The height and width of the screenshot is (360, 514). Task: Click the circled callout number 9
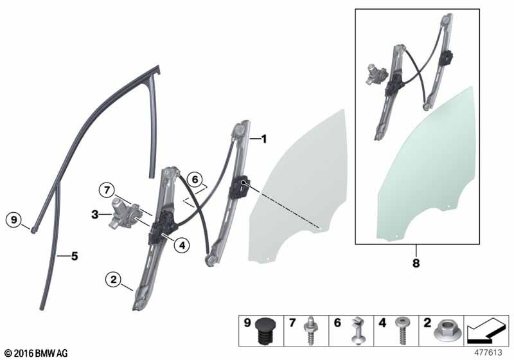point(13,219)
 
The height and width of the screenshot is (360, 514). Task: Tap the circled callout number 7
point(107,190)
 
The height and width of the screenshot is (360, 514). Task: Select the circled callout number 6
point(195,179)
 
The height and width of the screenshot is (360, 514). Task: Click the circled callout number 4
point(182,244)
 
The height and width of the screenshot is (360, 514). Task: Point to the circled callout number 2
point(114,280)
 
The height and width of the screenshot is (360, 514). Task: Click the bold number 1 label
point(264,139)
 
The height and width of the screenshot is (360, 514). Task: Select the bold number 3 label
point(94,215)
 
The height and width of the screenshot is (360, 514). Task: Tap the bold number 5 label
point(75,256)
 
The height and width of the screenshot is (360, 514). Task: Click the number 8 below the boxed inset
point(416,263)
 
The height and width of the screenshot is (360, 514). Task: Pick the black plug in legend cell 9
point(265,330)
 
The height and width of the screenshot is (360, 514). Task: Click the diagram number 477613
point(488,352)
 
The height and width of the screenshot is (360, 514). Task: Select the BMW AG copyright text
point(36,353)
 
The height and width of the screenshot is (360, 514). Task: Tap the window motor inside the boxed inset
point(377,74)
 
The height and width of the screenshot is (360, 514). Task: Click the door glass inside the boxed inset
point(426,164)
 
